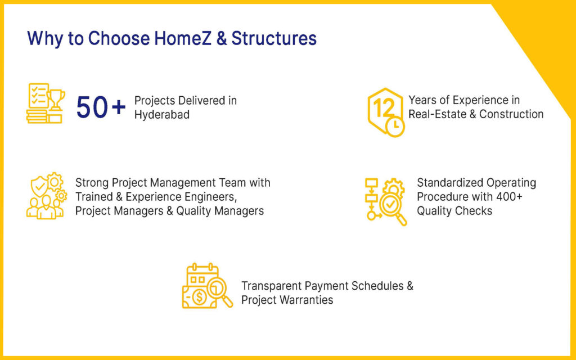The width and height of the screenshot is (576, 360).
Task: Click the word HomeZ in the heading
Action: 183,38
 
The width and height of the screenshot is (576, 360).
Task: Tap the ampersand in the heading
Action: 222,39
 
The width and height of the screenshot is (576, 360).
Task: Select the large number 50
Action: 92,107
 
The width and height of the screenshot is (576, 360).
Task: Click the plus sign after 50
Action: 119,107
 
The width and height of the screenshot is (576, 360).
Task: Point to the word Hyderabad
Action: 161,115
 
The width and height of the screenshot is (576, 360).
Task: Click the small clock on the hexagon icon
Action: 395,127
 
